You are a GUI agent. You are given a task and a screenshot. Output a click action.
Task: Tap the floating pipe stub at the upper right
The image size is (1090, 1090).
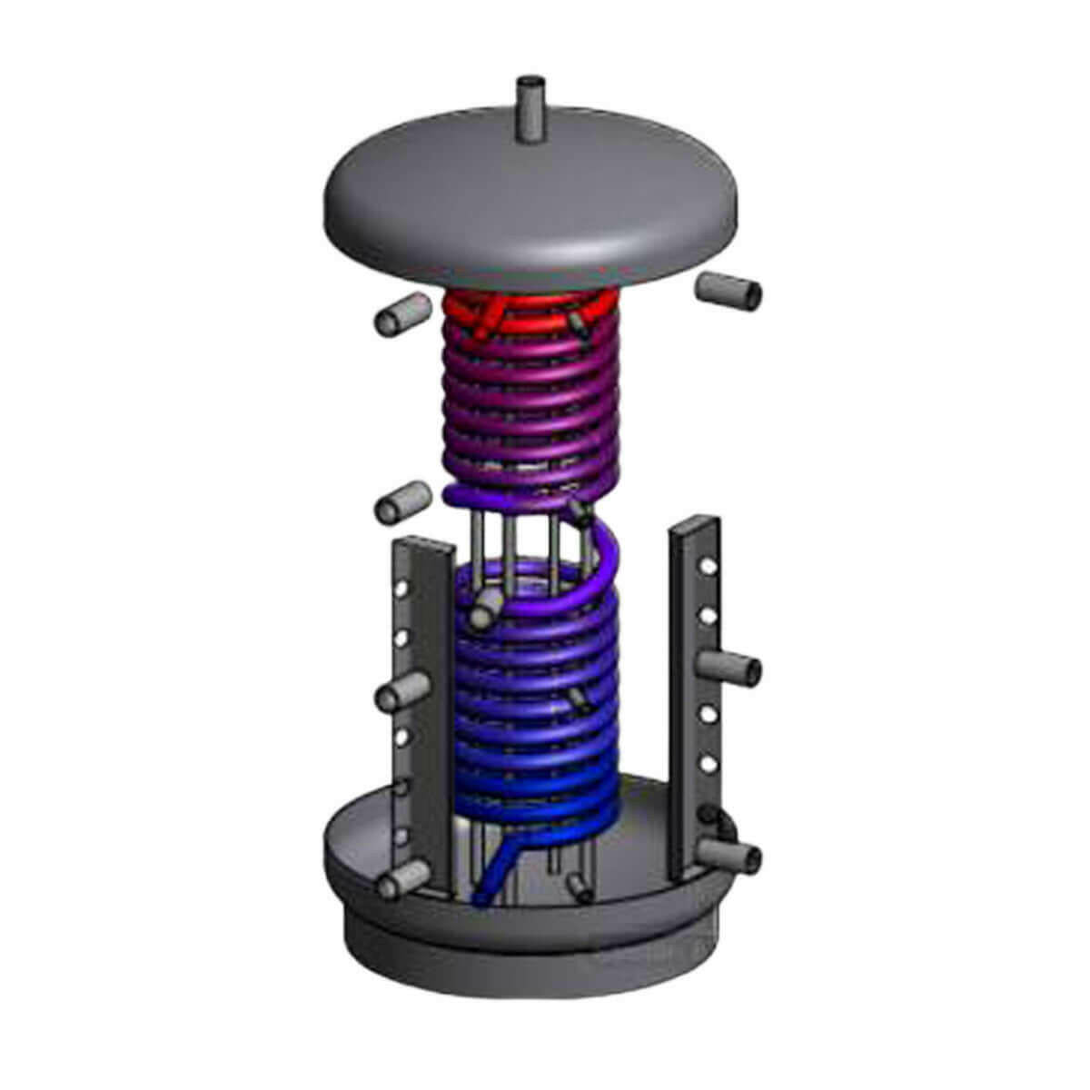(729, 292)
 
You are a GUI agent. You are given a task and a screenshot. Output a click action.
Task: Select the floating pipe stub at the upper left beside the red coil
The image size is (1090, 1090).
(399, 318)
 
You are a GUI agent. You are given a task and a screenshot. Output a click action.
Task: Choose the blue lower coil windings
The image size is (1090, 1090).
(536, 727)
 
